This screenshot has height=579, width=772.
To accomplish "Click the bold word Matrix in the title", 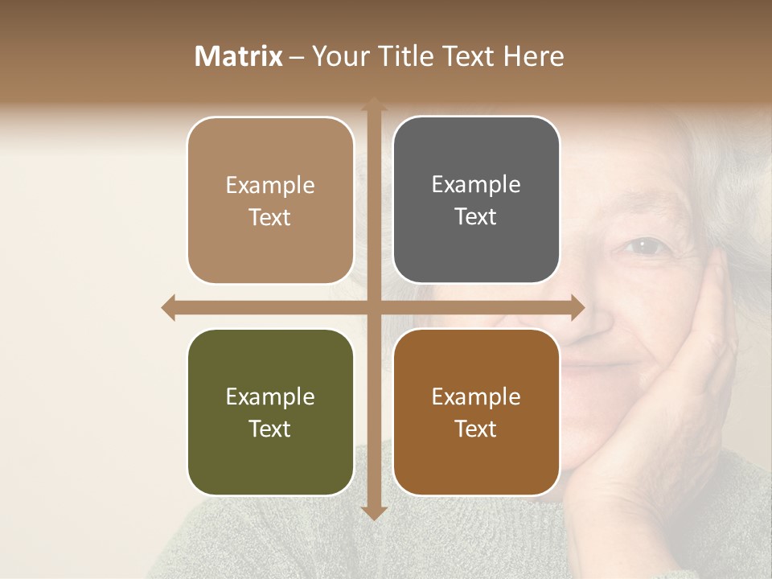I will point(239,56).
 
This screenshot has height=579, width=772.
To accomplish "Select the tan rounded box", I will point(270,200).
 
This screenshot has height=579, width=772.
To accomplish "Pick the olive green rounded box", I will point(270,412).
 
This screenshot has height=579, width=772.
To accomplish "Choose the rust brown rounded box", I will point(476,412).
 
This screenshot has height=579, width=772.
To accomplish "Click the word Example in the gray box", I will point(476,184).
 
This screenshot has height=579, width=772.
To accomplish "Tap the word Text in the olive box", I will point(270,429).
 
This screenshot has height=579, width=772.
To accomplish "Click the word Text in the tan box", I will point(270,217).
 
